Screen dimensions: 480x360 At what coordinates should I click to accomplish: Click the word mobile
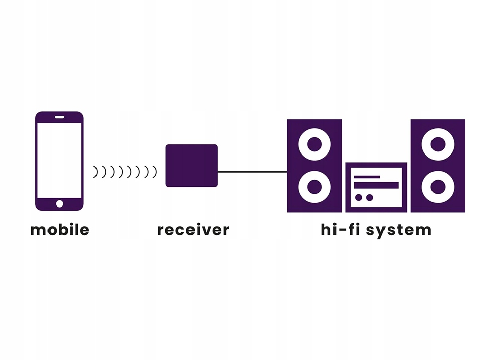pyautogui.click(x=60, y=230)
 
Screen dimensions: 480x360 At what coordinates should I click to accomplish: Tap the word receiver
pyautogui.click(x=193, y=230)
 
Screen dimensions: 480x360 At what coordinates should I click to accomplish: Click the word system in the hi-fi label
pyautogui.click(x=399, y=231)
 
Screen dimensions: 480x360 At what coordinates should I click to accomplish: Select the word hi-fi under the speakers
pyautogui.click(x=340, y=230)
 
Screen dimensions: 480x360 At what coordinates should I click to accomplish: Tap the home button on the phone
pyautogui.click(x=60, y=203)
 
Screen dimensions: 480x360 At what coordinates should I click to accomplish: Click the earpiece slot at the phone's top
pyautogui.click(x=60, y=117)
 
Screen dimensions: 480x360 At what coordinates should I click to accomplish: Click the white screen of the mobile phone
pyautogui.click(x=60, y=160)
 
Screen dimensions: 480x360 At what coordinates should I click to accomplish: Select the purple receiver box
pyautogui.click(x=191, y=166)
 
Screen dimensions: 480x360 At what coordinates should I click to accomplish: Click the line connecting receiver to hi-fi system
pyautogui.click(x=253, y=172)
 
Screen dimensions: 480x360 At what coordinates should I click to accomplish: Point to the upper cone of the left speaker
pyautogui.click(x=314, y=144)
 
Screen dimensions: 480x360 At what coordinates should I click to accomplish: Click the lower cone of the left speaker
pyautogui.click(x=314, y=187)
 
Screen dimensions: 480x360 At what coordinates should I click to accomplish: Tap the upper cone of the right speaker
pyautogui.click(x=438, y=144)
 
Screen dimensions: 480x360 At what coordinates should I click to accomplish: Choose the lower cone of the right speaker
pyautogui.click(x=438, y=187)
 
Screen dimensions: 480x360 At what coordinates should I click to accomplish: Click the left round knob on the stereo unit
pyautogui.click(x=358, y=197)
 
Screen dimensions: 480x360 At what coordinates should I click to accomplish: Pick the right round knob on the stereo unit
pyautogui.click(x=370, y=197)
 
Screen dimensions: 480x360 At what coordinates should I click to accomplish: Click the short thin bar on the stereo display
pyautogui.click(x=367, y=177)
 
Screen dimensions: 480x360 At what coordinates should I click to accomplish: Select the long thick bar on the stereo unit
pyautogui.click(x=376, y=185)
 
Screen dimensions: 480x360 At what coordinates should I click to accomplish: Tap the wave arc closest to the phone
pyautogui.click(x=96, y=172)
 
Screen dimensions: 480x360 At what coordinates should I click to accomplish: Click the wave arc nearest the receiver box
pyautogui.click(x=155, y=172)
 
